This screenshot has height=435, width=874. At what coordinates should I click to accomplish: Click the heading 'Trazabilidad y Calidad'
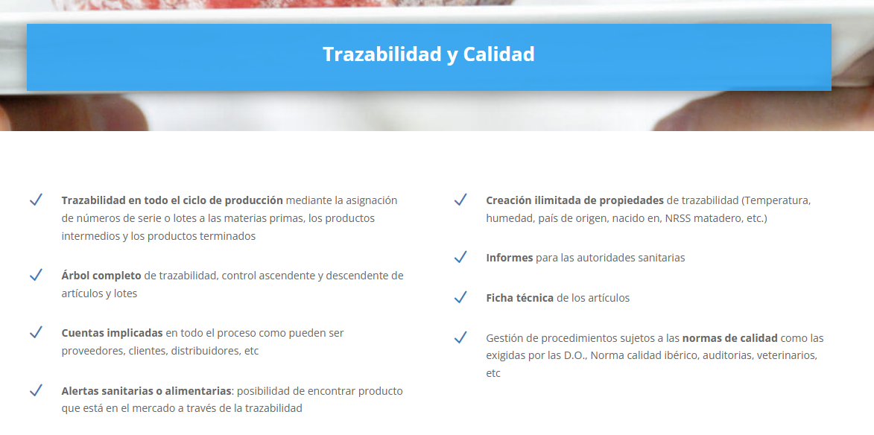point(428,54)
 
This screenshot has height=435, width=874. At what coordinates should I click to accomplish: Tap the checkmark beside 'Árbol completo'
point(36,275)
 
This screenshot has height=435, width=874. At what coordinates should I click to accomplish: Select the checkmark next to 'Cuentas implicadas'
point(36,332)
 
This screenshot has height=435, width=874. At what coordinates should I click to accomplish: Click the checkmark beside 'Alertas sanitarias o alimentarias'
point(36,390)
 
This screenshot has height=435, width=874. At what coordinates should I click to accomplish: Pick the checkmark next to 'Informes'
point(460,257)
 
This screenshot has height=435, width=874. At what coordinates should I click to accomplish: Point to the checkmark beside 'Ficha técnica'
point(460,297)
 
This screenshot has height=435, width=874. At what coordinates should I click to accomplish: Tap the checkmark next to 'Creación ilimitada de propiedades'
point(460,200)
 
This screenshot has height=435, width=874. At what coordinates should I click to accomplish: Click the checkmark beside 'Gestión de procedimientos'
point(460,337)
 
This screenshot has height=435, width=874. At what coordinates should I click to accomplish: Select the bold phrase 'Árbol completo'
point(101,276)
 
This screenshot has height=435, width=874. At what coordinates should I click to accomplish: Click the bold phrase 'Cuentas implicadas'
point(112,333)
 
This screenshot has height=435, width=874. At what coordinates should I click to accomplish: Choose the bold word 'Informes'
point(510,258)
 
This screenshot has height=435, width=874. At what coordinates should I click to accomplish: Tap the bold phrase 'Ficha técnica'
point(519,298)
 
